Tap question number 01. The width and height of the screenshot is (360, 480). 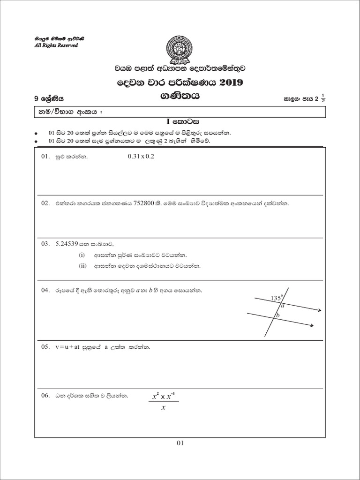coord(45,157)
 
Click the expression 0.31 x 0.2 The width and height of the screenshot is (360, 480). coord(141,157)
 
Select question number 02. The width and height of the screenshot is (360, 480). coord(45,204)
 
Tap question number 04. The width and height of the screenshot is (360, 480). coord(45,290)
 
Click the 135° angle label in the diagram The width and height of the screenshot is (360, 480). coord(277,298)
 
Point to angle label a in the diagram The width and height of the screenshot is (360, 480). coord(282,305)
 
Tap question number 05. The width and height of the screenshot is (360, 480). coord(45,347)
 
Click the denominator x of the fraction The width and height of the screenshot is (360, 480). coord(163,407)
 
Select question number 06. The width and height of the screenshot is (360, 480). coord(45,396)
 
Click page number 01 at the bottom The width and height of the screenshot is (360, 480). coord(180,442)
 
